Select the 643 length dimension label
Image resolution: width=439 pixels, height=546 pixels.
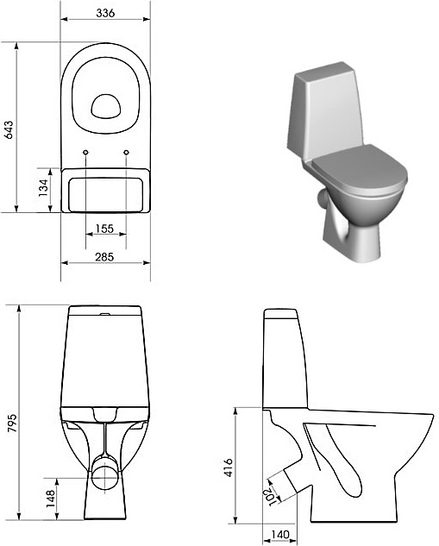9,129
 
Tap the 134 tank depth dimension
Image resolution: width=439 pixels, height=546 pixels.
42,189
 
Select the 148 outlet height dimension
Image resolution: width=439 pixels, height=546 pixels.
50,498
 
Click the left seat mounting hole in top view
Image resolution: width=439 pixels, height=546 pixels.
86,154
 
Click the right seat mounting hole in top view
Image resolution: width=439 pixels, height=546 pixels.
126,154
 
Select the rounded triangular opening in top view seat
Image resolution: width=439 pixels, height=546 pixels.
106,105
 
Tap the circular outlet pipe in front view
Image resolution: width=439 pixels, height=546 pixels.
105,472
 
